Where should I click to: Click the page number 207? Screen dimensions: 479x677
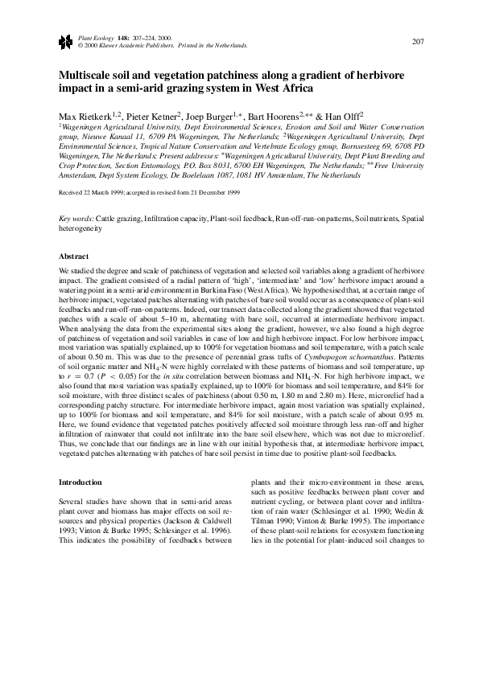[417, 41]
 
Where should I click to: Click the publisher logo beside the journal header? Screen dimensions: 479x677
[64, 42]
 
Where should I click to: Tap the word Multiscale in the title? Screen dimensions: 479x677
[89, 75]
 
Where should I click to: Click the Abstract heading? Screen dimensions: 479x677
[74, 256]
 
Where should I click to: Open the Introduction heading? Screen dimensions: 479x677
[81, 482]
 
